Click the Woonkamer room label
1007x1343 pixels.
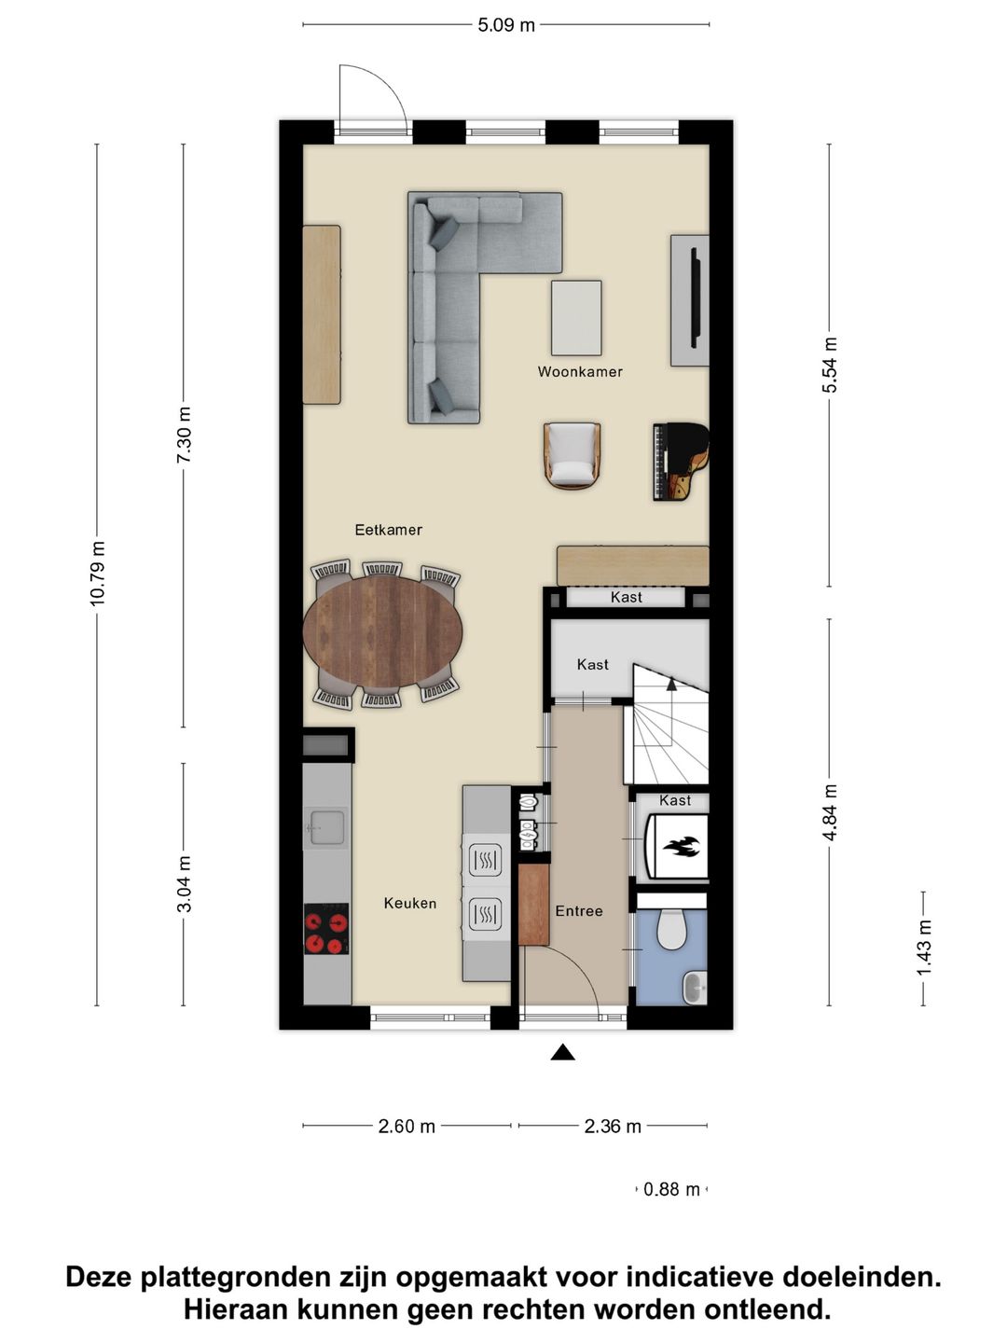[579, 371]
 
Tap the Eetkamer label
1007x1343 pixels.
[388, 530]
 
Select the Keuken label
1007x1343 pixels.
[409, 903]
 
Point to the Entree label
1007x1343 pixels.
[579, 911]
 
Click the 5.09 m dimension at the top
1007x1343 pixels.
[506, 25]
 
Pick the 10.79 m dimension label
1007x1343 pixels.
[98, 574]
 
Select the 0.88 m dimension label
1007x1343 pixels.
[671, 1189]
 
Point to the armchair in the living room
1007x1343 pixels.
[572, 455]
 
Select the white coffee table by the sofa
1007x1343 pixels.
[576, 317]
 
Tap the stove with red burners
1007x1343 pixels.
[326, 930]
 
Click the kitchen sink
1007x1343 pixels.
[326, 826]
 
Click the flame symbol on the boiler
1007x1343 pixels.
[680, 847]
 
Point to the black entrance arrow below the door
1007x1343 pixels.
[562, 1053]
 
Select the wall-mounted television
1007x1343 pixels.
[695, 298]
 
